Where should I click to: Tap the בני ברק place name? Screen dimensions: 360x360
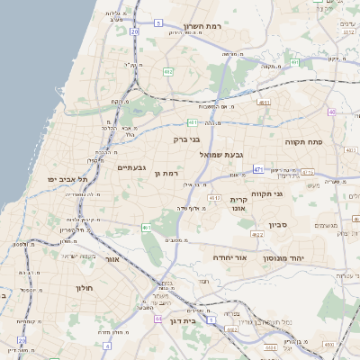coord(186,139)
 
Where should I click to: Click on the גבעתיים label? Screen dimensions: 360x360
coord(131,167)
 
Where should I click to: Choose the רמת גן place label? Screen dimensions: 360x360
coord(166,173)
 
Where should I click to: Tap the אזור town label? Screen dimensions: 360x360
coord(112,259)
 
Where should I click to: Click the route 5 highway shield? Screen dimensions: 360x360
coord(158,22)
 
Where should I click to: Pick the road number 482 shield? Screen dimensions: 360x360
coord(168,71)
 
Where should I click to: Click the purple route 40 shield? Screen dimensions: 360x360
coord(331,112)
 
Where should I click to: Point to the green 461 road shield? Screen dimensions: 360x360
coord(145,228)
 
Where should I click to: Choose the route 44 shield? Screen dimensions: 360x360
coord(158,318)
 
